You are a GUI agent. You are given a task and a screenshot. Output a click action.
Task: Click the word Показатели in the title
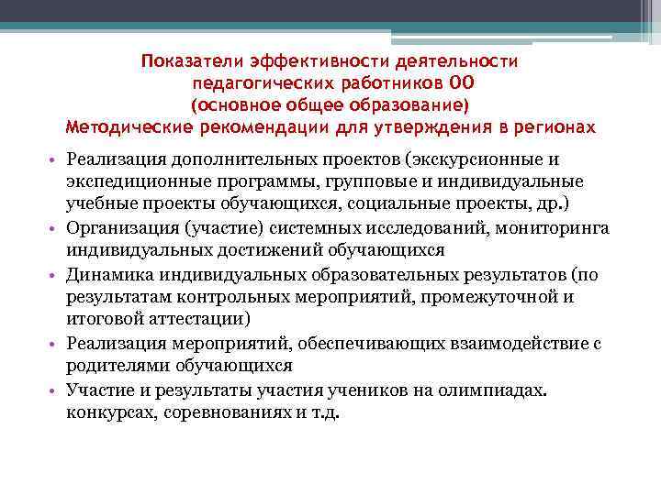[x=187, y=61]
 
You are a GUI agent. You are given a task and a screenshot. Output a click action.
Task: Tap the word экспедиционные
[x=135, y=180]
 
